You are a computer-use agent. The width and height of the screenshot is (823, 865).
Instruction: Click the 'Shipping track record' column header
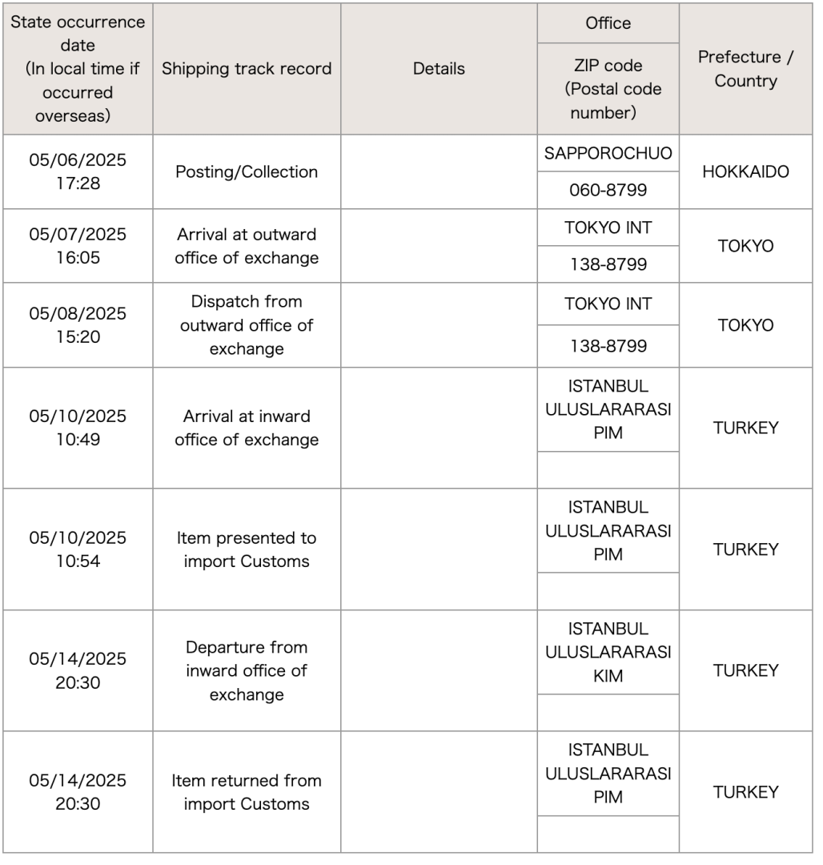pyautogui.click(x=247, y=69)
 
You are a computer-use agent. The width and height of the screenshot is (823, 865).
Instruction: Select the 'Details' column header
pyautogui.click(x=439, y=69)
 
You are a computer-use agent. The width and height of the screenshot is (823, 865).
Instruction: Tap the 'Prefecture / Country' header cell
pyautogui.click(x=745, y=69)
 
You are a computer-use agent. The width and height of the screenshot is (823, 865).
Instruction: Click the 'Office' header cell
pyautogui.click(x=608, y=23)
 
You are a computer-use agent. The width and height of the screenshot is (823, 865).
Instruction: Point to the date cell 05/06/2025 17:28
pyautogui.click(x=78, y=171)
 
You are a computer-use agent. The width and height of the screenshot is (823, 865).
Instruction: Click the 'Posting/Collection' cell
pyautogui.click(x=247, y=171)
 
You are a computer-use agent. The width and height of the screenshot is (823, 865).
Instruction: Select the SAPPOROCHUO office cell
pyautogui.click(x=608, y=154)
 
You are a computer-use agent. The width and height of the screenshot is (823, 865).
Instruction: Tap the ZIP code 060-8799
pyautogui.click(x=608, y=191)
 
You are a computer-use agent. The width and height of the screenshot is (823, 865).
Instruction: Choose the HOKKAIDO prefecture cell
pyautogui.click(x=745, y=171)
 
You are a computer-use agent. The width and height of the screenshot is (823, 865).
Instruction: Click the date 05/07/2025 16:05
pyautogui.click(x=78, y=246)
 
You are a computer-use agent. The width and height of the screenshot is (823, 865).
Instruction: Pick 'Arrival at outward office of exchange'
pyautogui.click(x=247, y=246)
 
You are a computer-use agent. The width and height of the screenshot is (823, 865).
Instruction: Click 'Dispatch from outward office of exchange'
pyautogui.click(x=247, y=325)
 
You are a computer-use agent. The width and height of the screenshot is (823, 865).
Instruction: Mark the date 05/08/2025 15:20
pyautogui.click(x=78, y=325)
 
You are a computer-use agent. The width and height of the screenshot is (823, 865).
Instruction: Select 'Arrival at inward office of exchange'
pyautogui.click(x=247, y=428)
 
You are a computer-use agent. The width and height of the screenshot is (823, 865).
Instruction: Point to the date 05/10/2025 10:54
pyautogui.click(x=78, y=549)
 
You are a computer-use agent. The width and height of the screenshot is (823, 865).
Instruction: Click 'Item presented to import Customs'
pyautogui.click(x=247, y=549)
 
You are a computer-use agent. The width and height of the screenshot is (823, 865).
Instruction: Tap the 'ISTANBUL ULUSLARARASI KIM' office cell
pyautogui.click(x=608, y=652)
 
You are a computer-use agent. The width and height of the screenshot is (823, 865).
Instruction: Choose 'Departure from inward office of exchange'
pyautogui.click(x=247, y=670)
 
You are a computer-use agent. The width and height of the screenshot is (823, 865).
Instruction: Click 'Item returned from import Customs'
pyautogui.click(x=247, y=792)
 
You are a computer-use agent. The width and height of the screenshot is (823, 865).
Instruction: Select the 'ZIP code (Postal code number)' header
pyautogui.click(x=608, y=89)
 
